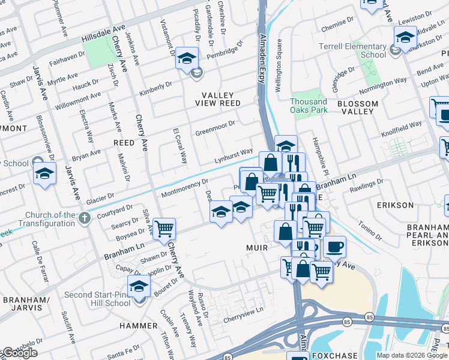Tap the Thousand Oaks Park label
[309, 106]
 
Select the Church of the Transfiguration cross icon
[85, 217]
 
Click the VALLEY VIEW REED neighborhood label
[221, 99]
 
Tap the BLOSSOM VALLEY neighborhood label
[358, 108]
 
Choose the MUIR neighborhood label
[256, 247]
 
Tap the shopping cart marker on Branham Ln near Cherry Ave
[164, 229]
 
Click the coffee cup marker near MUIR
[334, 246]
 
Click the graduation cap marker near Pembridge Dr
[187, 58]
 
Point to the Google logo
[19, 353]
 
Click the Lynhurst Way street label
[234, 157]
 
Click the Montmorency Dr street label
[184, 188]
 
